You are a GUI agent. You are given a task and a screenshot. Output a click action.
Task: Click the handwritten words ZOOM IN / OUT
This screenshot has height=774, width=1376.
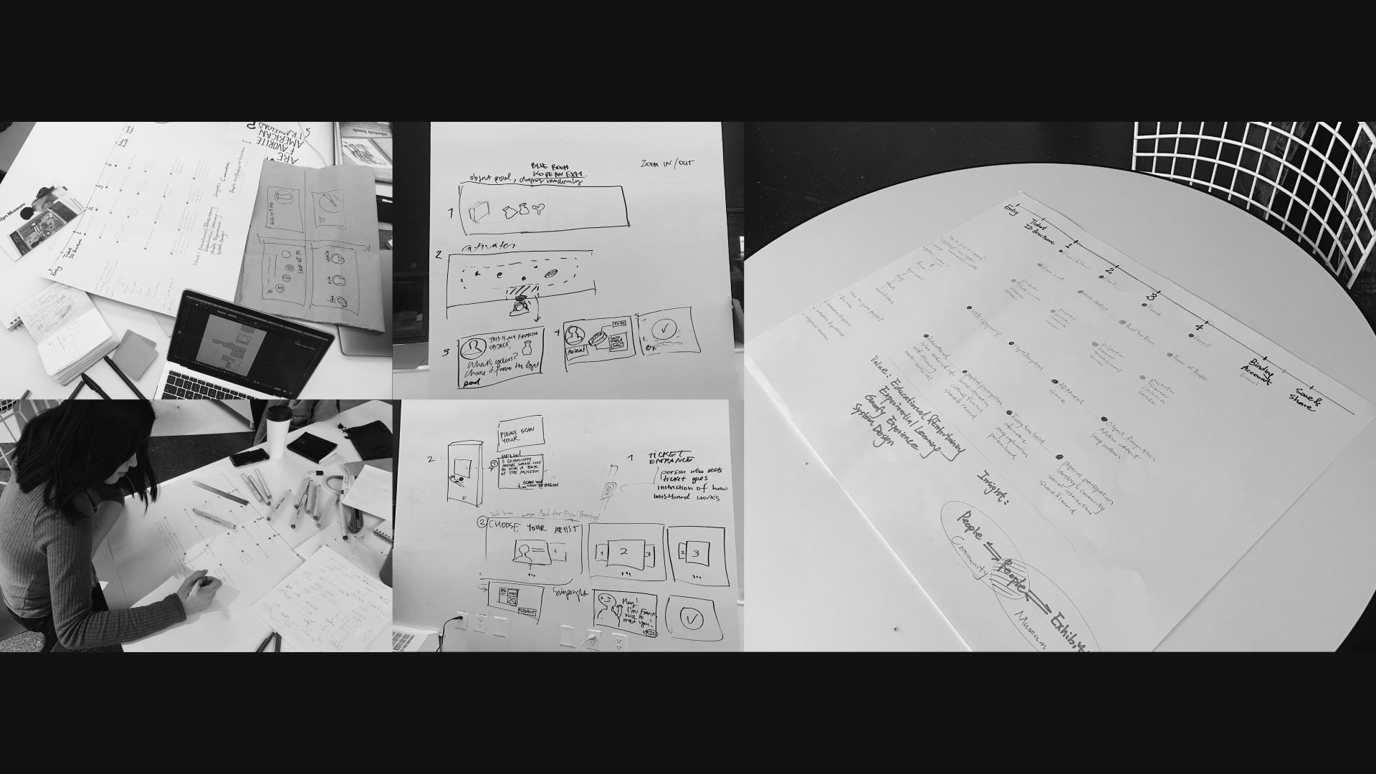click(667, 164)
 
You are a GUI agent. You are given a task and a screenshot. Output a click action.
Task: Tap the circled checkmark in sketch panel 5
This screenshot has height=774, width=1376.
click(666, 330)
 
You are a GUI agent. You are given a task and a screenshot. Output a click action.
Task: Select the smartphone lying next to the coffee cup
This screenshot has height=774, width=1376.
click(249, 456)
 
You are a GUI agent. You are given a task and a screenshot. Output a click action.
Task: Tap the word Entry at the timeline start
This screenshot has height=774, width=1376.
click(1013, 209)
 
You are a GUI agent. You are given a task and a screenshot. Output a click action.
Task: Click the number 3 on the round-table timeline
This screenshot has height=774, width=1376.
click(1152, 297)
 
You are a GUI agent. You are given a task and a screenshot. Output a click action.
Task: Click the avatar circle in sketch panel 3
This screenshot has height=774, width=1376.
click(472, 349)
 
